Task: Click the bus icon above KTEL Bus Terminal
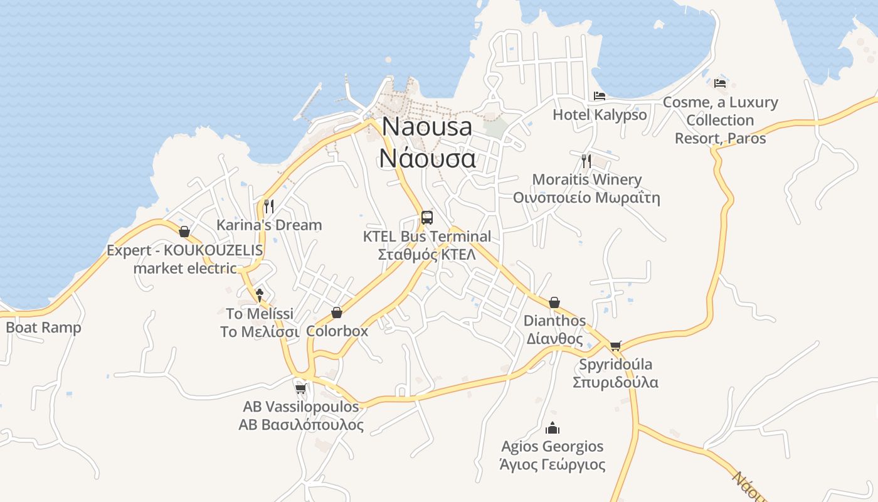click(427, 218)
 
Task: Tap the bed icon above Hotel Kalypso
click(600, 96)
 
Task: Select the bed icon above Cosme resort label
click(720, 83)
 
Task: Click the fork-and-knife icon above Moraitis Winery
click(586, 161)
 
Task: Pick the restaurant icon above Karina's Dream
click(269, 206)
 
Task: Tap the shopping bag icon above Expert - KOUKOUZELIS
click(184, 232)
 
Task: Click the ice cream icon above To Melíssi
click(260, 295)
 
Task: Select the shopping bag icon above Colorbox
click(337, 312)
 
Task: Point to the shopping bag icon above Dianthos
click(554, 302)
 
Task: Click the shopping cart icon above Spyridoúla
click(615, 346)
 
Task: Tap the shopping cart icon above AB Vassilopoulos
click(300, 388)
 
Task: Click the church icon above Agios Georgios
click(553, 428)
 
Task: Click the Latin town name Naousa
click(427, 126)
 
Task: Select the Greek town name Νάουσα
click(427, 158)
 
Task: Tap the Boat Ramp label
click(43, 328)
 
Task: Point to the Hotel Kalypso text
click(600, 115)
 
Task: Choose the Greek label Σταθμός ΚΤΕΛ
click(427, 255)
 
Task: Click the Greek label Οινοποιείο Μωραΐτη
click(586, 198)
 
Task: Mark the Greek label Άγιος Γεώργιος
click(553, 465)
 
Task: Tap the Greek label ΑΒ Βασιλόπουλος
click(301, 425)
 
